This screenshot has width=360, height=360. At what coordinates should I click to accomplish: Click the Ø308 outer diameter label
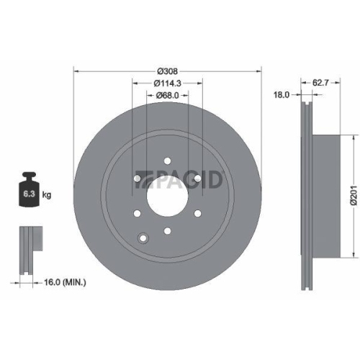pyautogui.click(x=167, y=71)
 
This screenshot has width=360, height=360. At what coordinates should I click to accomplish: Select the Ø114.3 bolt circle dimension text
pyautogui.click(x=167, y=84)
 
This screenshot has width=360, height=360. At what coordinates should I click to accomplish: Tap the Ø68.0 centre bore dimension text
pyautogui.click(x=167, y=96)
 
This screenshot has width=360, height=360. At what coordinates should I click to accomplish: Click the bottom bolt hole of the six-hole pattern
pyautogui.click(x=167, y=230)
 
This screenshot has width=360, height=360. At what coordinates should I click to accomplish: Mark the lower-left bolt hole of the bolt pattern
pyautogui.click(x=137, y=213)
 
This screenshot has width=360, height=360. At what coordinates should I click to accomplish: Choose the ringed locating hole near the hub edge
pyautogui.click(x=144, y=238)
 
